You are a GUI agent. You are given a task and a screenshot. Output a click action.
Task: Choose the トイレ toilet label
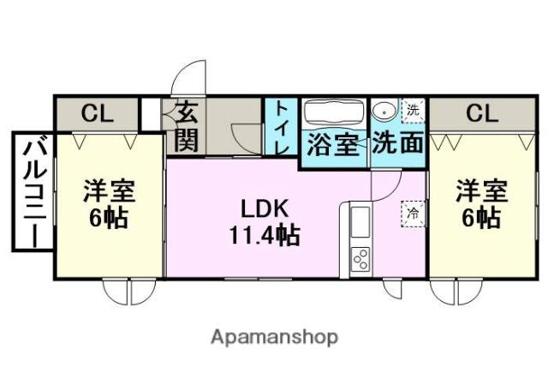(x=281, y=129)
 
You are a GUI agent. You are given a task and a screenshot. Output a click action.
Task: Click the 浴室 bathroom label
(x=332, y=143)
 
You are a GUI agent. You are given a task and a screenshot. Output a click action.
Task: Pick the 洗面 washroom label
(x=399, y=143)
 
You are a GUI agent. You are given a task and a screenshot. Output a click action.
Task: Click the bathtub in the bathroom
(x=334, y=112)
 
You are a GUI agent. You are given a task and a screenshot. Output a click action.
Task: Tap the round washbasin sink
(x=384, y=111)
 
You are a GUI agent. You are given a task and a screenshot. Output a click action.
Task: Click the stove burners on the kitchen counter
(x=360, y=258)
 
